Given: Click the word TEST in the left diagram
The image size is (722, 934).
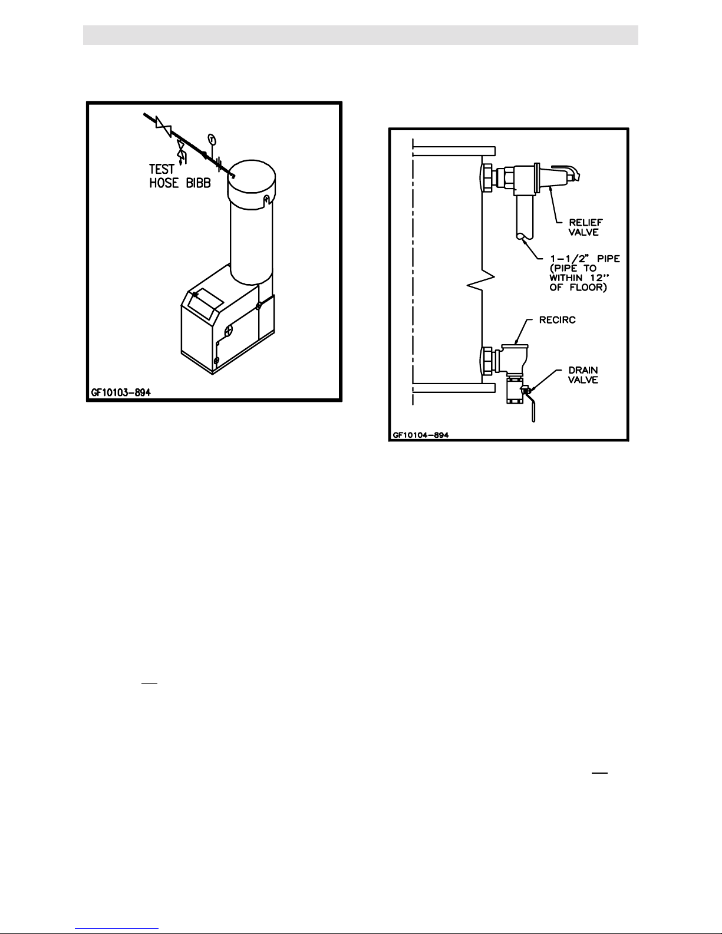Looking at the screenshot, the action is pos(161,169).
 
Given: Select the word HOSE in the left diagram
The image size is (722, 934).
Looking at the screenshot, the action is pos(164,183).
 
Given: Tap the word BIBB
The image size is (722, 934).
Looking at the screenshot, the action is pos(198,183).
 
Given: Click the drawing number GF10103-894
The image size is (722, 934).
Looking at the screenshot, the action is pos(121,392).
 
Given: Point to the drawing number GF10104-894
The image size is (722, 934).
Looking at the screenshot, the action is pos(421,435).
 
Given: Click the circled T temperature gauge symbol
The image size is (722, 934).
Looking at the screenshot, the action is pos(212,139).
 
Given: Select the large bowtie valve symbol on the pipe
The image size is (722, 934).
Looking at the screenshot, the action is pos(163,126).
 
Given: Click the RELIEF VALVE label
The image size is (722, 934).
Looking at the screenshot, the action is pos(585,227).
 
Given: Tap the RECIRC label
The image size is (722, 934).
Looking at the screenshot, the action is pos(557,320).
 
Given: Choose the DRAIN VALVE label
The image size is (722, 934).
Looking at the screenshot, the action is pos(583,375).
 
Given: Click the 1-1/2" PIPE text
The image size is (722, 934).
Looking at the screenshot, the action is pos(585,259).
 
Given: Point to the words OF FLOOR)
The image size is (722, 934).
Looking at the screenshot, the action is pos(578,287).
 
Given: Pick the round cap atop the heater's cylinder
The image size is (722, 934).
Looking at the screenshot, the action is pos(252,185).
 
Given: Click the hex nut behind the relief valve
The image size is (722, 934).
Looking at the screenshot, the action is pos(488,177).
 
